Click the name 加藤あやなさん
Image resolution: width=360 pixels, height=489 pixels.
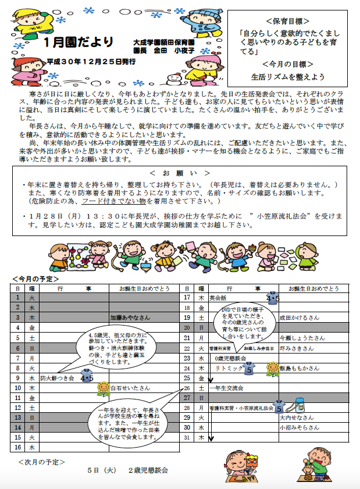click(x=130, y=317)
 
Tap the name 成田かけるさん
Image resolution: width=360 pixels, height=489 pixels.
click(x=300, y=317)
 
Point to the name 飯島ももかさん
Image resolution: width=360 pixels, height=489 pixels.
click(x=300, y=368)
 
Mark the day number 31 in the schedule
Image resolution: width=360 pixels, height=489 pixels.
click(x=187, y=437)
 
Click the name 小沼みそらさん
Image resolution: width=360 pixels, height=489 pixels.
click(x=300, y=427)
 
